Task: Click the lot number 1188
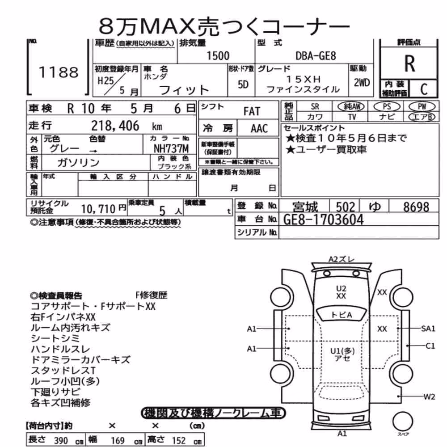59,72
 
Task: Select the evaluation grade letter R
409,63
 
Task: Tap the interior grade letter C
424,89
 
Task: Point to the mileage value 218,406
115,126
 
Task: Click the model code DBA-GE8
316,55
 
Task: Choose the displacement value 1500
218,55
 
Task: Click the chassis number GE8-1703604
324,220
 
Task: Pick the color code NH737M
171,148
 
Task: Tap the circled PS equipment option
387,106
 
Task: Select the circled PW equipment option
422,106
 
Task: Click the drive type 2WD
362,83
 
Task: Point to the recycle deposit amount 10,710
98,209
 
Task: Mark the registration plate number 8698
416,207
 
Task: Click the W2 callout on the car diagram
429,396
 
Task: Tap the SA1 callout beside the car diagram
428,329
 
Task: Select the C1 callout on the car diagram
430,346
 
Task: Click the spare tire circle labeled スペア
403,422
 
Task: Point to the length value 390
61,440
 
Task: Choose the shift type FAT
252,111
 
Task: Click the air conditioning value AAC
259,129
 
